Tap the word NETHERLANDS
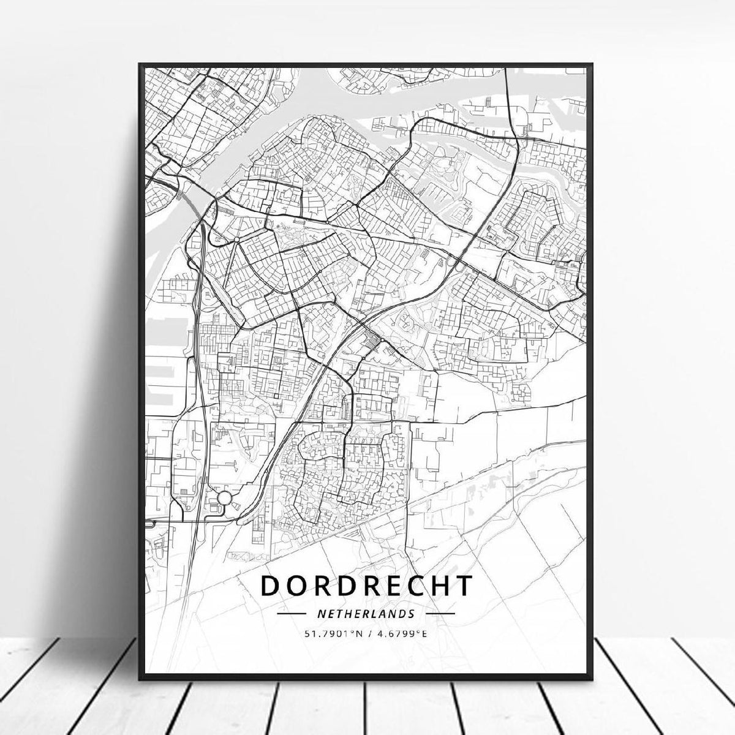tap(366, 613)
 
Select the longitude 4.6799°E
tap(401, 633)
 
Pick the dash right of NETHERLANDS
tap(440, 613)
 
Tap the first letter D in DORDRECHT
tap(270, 585)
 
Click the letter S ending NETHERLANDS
tap(412, 613)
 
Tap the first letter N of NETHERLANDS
tap(320, 613)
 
